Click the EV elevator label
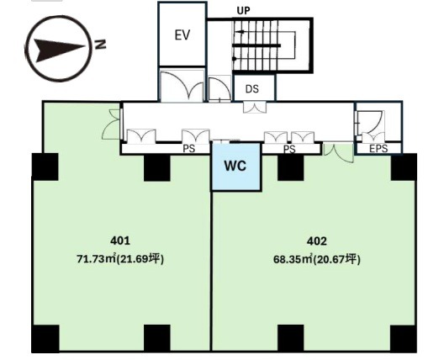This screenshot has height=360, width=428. (182, 35)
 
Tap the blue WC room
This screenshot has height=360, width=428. (235, 167)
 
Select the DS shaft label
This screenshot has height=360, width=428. (252, 89)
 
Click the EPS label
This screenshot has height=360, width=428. (378, 148)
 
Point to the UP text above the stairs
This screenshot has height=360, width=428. (243, 11)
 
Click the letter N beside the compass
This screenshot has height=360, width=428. (100, 45)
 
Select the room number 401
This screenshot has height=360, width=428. (120, 241)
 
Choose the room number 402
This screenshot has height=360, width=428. (317, 241)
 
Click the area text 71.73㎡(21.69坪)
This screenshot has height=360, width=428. (120, 259)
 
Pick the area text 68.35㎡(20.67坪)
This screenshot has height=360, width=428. (317, 259)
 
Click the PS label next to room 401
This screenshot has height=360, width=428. (188, 148)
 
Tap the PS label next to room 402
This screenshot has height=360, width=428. (289, 149)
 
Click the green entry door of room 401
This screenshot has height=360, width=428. (112, 124)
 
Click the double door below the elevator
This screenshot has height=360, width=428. (182, 85)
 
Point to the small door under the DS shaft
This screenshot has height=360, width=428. (255, 107)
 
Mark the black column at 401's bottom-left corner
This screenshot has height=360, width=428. (45, 338)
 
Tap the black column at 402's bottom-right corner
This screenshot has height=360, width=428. (403, 338)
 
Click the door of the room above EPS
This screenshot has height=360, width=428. (369, 125)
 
